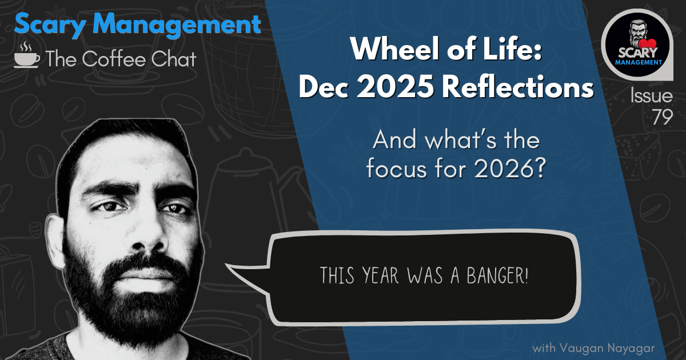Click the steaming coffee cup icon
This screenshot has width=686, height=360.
click(27, 55)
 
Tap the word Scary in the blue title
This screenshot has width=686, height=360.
click(50, 25)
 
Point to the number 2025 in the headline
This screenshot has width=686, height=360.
click(396, 88)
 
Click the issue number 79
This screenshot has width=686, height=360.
click(662, 117)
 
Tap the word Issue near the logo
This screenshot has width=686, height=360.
click(651, 96)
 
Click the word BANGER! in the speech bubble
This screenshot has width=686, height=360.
click(497, 275)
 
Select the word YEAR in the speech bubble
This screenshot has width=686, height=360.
click(381, 275)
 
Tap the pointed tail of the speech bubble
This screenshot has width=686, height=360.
click(226, 265)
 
